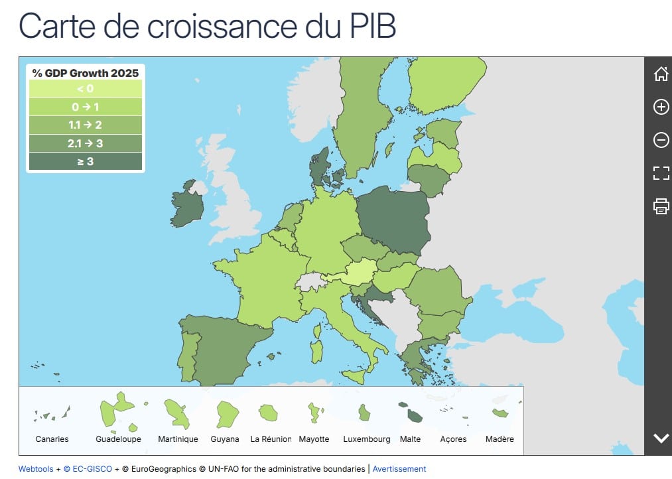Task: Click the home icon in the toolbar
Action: (661, 74)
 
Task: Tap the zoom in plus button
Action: (661, 107)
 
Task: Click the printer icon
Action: (661, 206)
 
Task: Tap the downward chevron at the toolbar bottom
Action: (661, 438)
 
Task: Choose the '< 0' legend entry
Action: (85, 89)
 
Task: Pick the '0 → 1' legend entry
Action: (85, 107)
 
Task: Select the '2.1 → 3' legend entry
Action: (85, 143)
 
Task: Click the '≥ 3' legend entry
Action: (85, 161)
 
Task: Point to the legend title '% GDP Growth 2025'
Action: (85, 73)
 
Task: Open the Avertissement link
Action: (399, 469)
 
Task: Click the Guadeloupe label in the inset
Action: (119, 439)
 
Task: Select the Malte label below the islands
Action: (410, 439)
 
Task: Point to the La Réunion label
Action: (271, 439)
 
